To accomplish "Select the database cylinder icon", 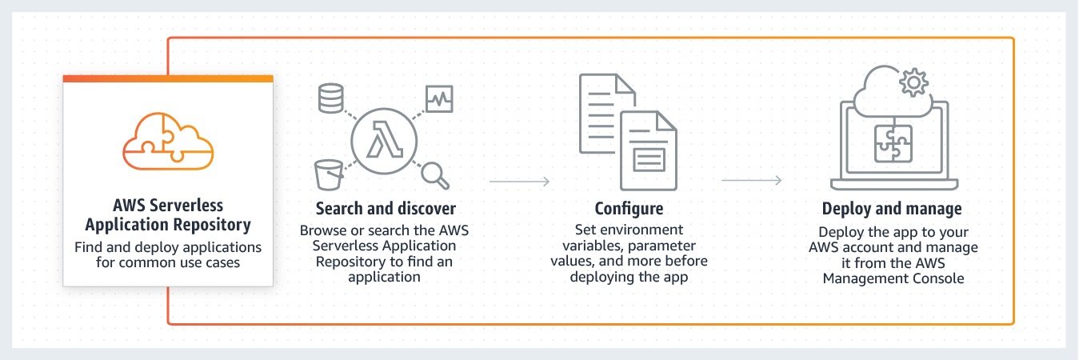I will coord(330,97).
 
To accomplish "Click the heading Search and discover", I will coord(386,209).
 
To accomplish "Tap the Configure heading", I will coord(629,209).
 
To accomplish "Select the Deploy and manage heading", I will coord(892,209).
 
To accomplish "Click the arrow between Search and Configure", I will coord(520,182).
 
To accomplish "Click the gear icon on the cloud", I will coord(913,82).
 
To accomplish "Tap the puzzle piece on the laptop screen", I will coord(893,144).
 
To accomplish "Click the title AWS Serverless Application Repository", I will coord(168,214).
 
